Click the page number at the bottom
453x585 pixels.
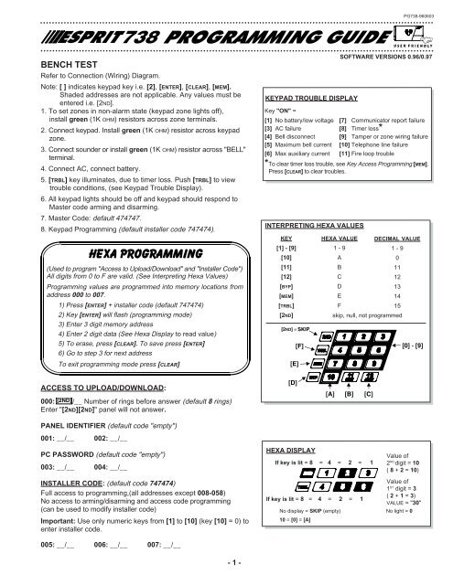point(227,571)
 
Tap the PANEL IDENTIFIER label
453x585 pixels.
point(46,425)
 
